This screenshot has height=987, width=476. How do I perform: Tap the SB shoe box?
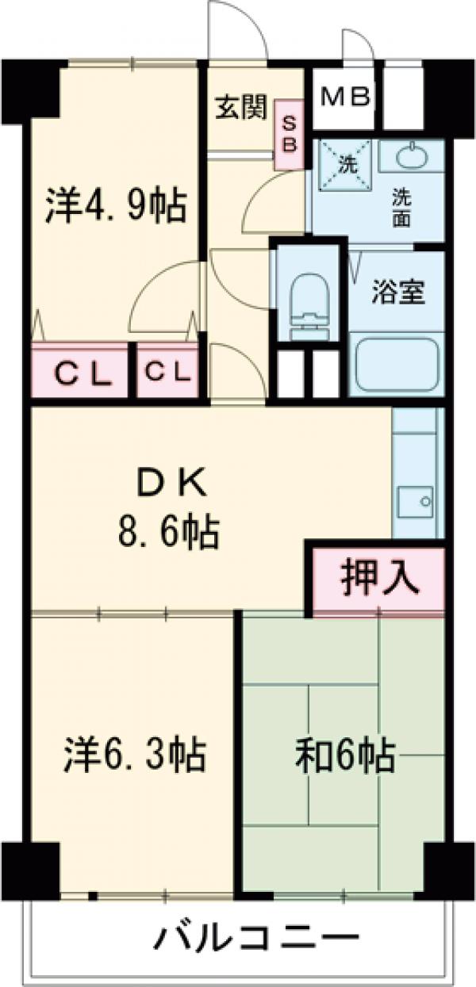289,134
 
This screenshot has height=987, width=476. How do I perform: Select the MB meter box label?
345,98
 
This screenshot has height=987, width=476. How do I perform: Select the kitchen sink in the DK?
416,500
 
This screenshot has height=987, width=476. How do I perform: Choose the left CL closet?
81,371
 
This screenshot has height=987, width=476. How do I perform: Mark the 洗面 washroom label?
400,207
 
